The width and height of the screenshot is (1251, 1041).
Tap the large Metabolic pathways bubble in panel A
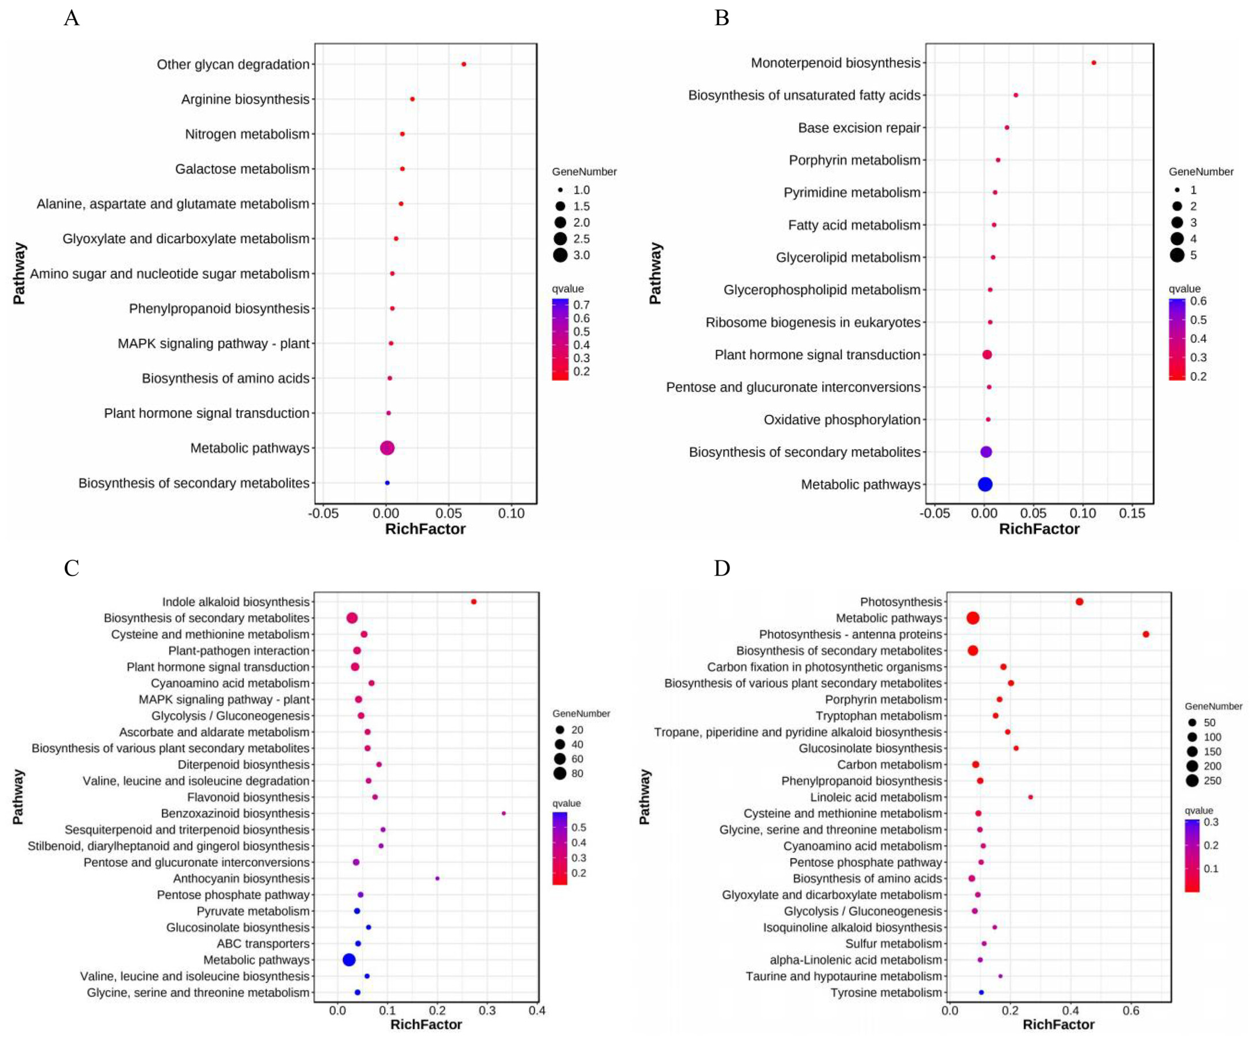(387, 448)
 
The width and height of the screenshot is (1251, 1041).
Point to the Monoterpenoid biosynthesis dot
(1094, 63)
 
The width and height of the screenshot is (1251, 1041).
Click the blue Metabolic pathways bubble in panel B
(985, 484)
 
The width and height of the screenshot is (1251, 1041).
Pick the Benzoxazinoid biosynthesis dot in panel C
(503, 813)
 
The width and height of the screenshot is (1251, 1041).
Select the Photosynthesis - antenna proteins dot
(1146, 634)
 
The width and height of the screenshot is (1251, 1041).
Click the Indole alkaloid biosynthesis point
(473, 602)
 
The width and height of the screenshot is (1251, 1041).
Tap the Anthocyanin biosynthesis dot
(437, 879)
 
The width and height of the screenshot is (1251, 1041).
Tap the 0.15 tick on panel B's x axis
(1132, 513)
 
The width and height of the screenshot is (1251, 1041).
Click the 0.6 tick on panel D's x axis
(1131, 1011)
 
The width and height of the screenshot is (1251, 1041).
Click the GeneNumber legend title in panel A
(584, 172)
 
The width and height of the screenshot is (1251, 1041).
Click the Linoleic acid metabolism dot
(1030, 797)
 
